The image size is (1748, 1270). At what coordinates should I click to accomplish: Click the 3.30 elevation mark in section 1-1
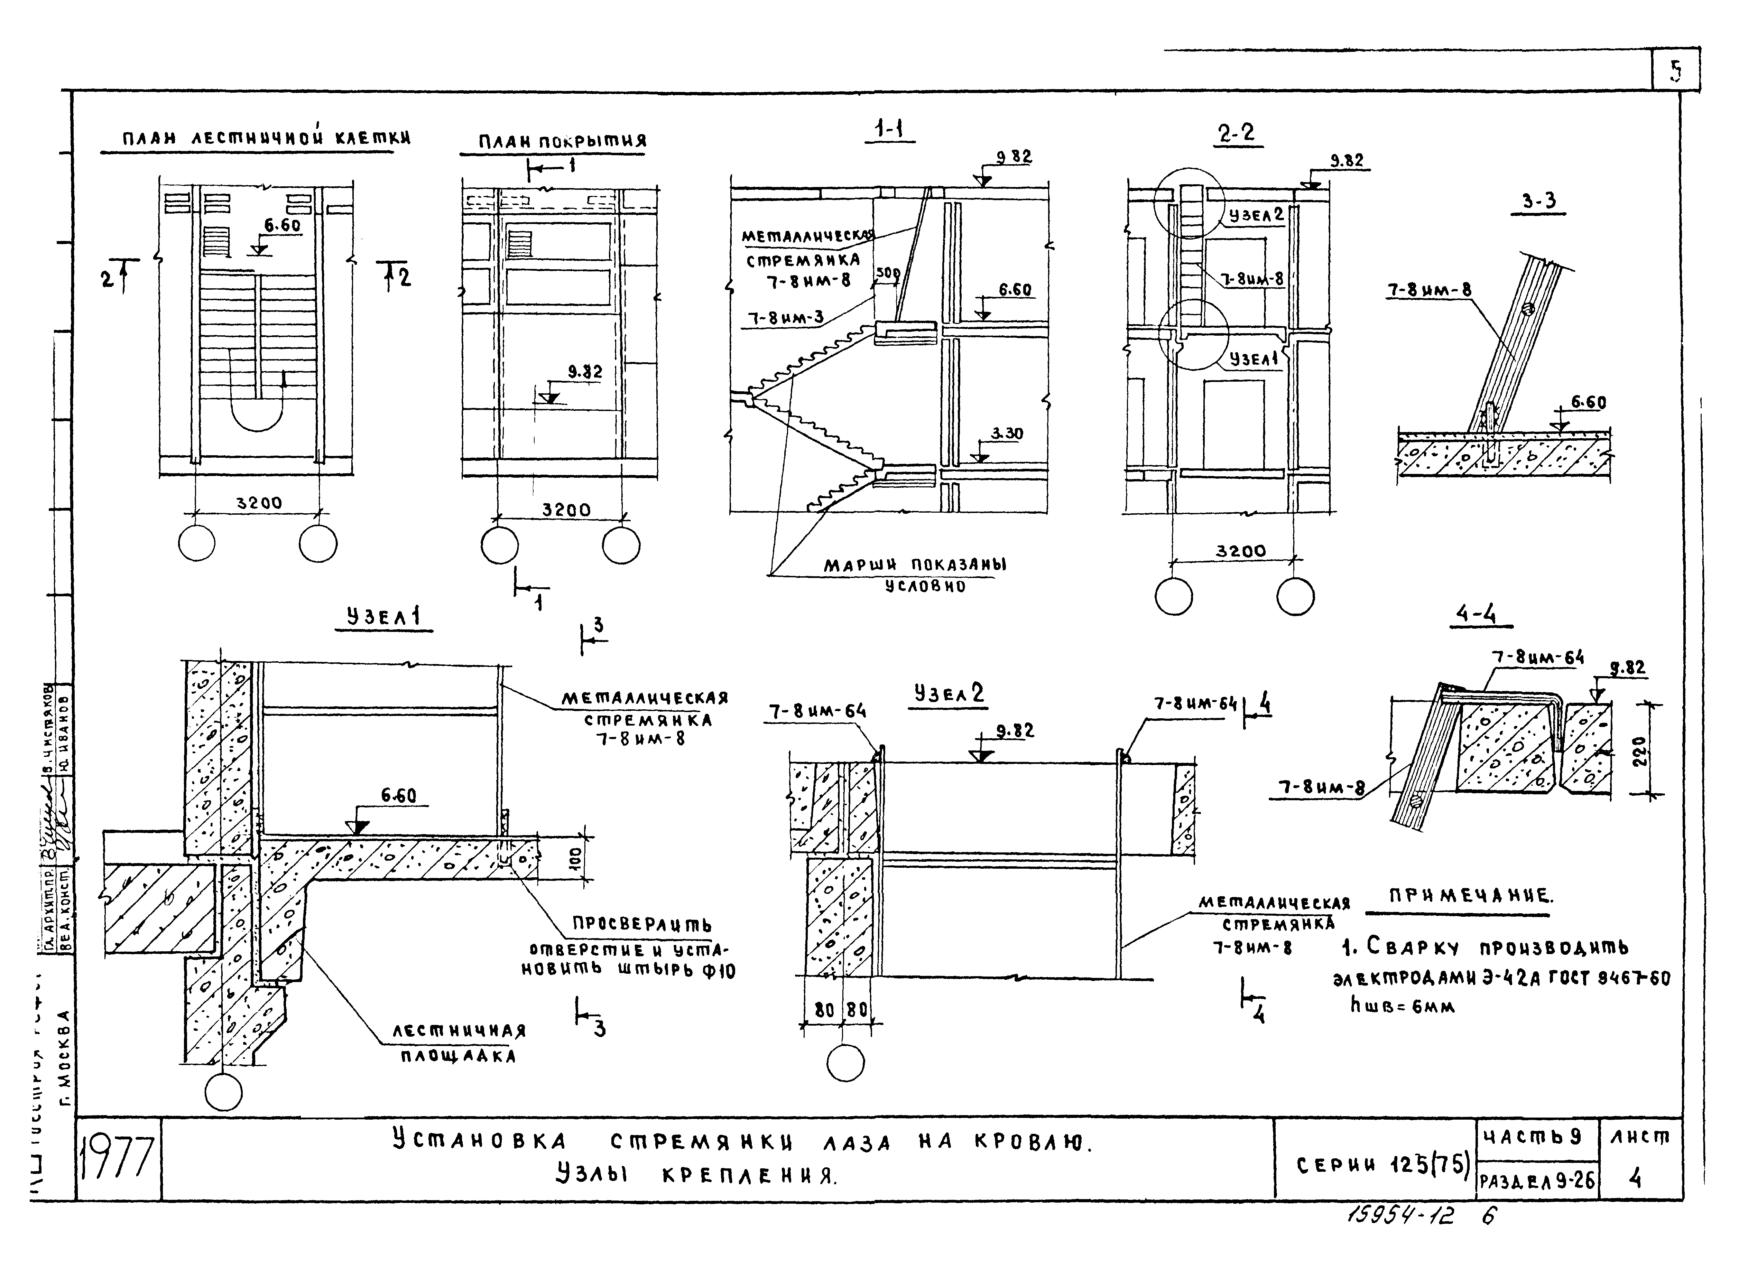1007,434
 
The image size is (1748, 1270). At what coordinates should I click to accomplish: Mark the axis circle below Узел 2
845,1064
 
